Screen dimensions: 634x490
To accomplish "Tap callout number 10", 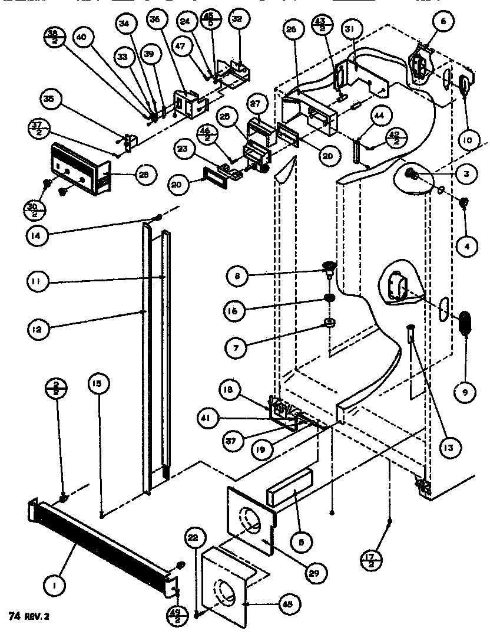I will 466,141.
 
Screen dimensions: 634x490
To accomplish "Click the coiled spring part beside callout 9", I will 466,323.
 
